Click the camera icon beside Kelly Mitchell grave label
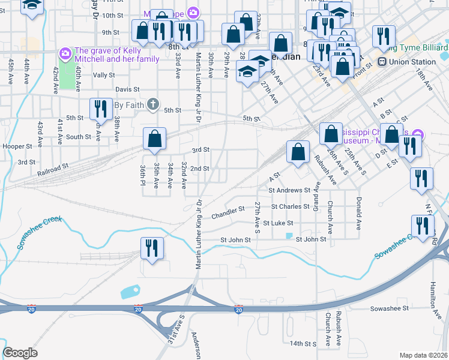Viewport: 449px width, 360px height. [65, 55]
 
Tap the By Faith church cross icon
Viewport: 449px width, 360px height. [153, 104]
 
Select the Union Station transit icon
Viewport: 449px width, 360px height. [381, 62]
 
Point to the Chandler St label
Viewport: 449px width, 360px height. [229, 211]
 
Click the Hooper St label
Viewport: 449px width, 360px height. [17, 146]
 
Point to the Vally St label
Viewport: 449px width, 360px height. [104, 75]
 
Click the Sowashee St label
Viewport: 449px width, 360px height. [389, 308]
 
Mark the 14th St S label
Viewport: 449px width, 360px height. [303, 344]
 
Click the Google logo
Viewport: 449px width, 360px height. [20, 352]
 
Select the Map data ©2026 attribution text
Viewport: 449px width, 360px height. [423, 355]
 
